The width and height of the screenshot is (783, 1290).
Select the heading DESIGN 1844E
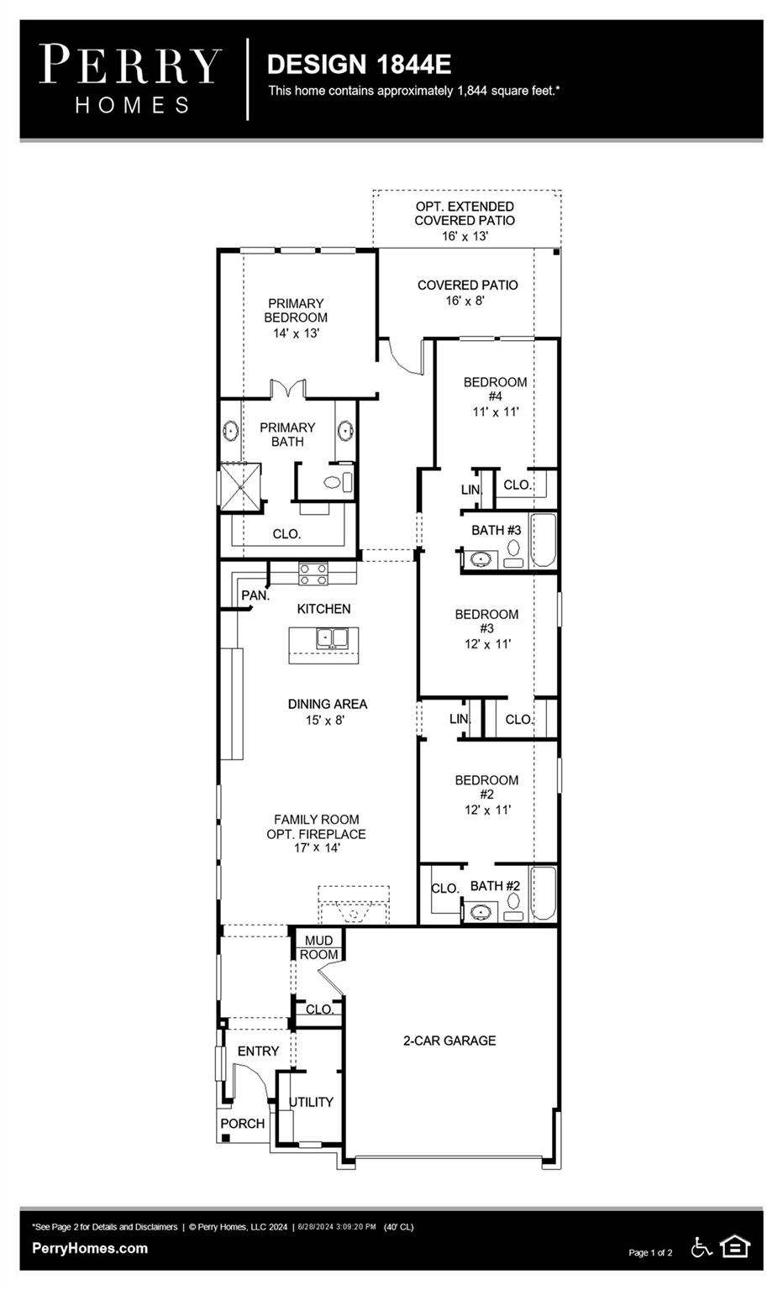359,64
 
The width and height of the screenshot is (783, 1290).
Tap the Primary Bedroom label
296,317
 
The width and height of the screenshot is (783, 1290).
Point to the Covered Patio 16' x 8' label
467,292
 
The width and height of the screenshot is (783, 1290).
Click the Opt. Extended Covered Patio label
465,221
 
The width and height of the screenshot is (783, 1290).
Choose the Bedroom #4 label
495,396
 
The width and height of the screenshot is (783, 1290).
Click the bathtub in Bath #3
543,542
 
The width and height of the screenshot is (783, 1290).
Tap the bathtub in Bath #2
543,894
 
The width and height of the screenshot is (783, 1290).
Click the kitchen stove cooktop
313,574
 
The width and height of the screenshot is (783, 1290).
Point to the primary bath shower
240,487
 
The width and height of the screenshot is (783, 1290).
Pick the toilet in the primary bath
334,483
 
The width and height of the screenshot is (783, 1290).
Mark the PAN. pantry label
255,595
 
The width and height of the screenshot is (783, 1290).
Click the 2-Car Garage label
449,1041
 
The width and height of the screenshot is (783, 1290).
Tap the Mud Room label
319,947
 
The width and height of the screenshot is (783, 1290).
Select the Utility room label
311,1102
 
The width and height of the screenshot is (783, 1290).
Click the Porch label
242,1124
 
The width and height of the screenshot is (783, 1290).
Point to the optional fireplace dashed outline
353,905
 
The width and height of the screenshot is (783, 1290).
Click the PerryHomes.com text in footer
90,1248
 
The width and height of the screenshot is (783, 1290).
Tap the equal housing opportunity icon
734,1247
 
